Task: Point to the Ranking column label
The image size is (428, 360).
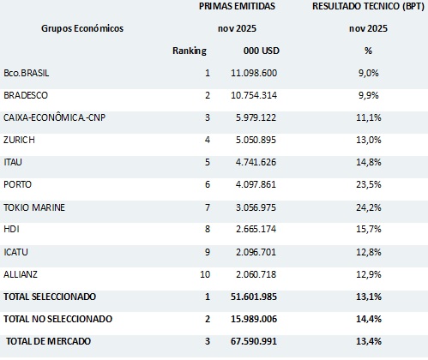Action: [190, 51]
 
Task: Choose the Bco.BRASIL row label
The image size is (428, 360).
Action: [26, 74]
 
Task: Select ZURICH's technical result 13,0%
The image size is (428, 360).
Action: [368, 140]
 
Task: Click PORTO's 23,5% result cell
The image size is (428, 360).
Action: [368, 184]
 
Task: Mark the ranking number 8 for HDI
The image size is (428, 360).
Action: [207, 229]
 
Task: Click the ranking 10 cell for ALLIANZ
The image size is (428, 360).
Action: [204, 273]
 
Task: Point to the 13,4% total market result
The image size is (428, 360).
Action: [368, 341]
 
